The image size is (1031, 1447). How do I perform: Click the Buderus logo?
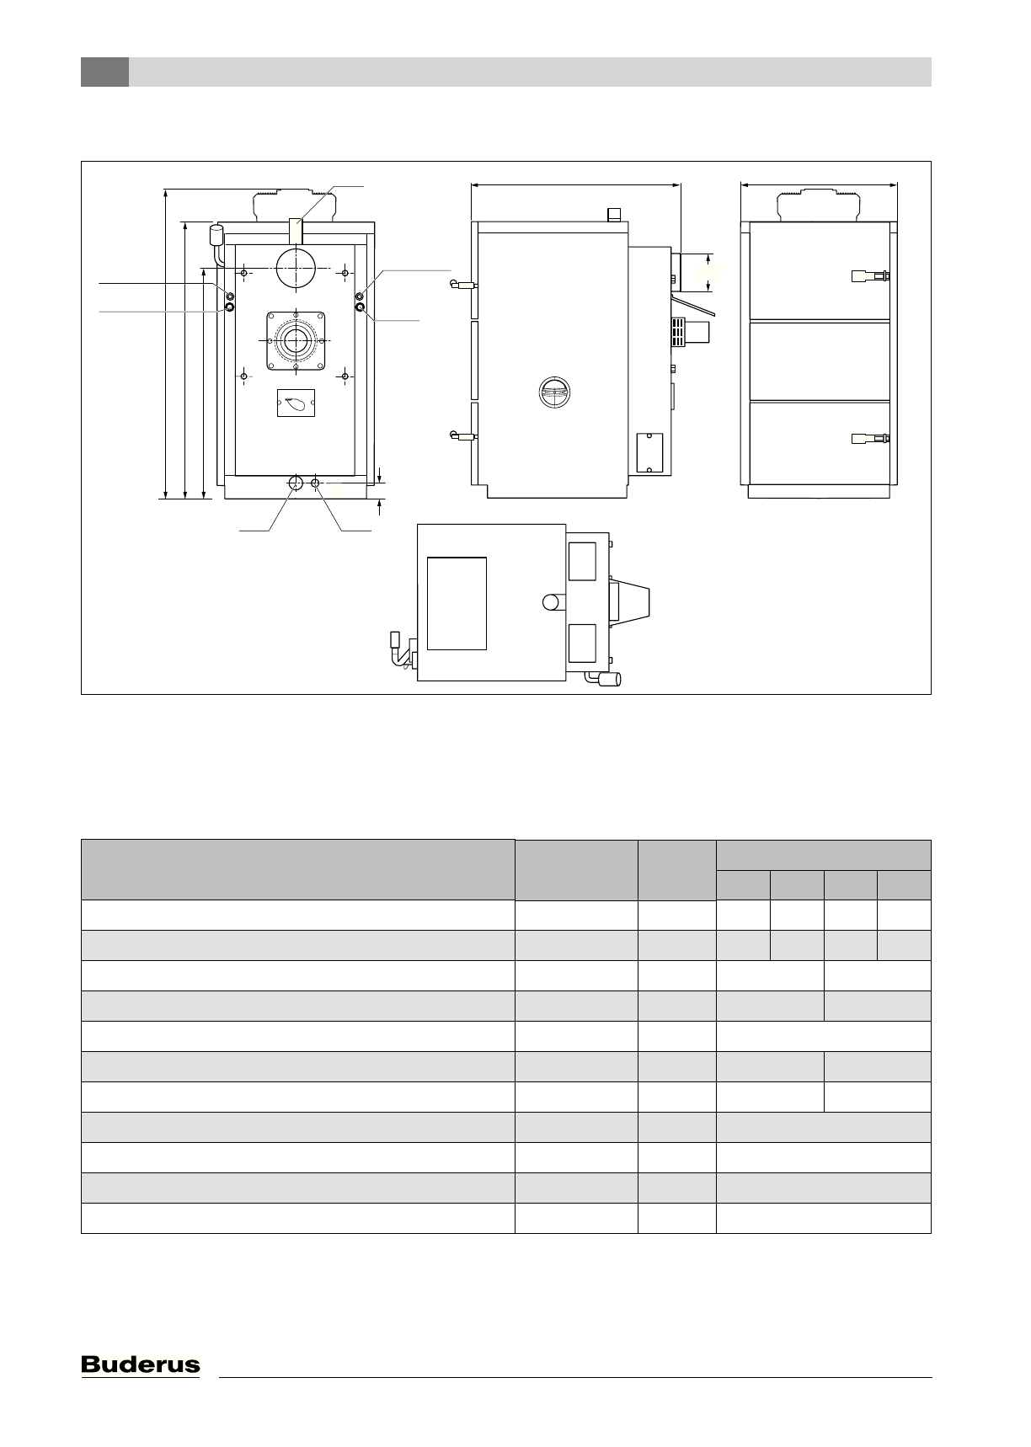pyautogui.click(x=141, y=1364)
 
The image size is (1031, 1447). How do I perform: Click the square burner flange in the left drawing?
pyautogui.click(x=296, y=341)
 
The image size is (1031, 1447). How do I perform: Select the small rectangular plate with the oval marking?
pyautogui.click(x=296, y=404)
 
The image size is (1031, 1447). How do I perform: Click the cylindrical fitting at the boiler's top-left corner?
pyautogui.click(x=216, y=235)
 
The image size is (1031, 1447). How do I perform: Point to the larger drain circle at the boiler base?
pyautogui.click(x=296, y=483)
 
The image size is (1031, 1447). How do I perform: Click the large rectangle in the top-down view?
pyautogui.click(x=457, y=603)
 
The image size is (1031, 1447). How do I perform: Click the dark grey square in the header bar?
pyautogui.click(x=104, y=72)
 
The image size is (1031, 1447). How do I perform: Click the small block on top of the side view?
pyautogui.click(x=614, y=215)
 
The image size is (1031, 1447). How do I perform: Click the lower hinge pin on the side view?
pyautogui.click(x=462, y=436)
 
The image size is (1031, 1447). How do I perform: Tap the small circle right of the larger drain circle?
pyautogui.click(x=316, y=483)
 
